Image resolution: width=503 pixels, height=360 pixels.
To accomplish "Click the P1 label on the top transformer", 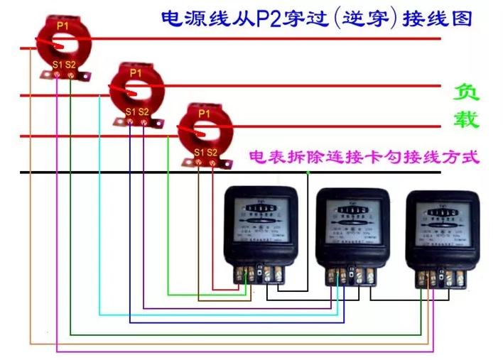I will tap(63, 26).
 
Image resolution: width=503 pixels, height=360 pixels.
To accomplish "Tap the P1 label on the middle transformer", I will tap(136, 72).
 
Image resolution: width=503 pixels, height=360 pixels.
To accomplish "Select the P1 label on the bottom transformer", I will tap(204, 113).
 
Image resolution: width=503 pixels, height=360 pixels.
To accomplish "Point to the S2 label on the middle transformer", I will tap(144, 111).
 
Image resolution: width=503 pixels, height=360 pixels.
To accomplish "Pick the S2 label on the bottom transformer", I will tap(212, 153).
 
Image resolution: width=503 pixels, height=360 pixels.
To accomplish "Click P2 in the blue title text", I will tap(265, 18).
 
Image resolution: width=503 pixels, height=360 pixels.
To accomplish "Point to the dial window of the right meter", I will tap(443, 213).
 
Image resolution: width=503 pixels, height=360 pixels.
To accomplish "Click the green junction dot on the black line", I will tap(307, 173).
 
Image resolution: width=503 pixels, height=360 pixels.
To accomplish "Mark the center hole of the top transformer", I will tap(63, 45).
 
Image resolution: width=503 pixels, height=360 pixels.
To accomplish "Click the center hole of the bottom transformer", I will tap(204, 131).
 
